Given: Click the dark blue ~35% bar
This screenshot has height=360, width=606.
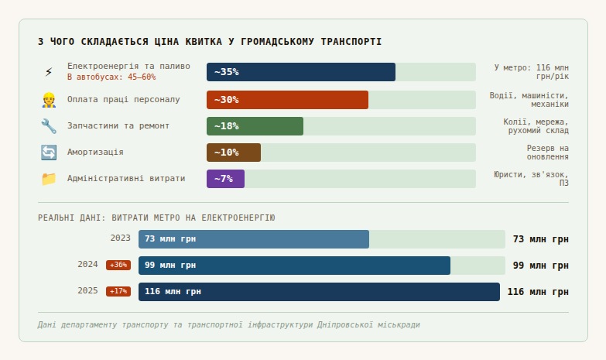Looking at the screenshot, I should (301, 72).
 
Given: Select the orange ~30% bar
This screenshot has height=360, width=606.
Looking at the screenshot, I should (287, 100).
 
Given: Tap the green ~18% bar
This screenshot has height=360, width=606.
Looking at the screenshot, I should (255, 126).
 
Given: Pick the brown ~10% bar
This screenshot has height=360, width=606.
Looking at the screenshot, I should (234, 153).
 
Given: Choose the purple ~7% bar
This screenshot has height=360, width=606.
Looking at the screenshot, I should (225, 179).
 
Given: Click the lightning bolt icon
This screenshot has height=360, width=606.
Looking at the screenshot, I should (49, 72).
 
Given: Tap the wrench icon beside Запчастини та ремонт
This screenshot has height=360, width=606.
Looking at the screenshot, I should (49, 126).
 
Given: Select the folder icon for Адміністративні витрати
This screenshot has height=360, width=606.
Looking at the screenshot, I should (49, 179).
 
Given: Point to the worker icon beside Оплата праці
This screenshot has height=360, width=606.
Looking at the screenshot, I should (49, 100).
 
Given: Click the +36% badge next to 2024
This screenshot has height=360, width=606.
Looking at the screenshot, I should (118, 265).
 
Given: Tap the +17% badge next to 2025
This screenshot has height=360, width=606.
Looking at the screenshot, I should (118, 291).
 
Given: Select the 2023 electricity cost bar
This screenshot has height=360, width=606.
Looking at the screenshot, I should (254, 239).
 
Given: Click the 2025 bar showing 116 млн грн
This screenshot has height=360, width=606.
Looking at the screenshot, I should (319, 292).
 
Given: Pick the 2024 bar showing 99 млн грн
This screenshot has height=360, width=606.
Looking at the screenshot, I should (294, 266).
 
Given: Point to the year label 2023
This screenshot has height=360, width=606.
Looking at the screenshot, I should (121, 238).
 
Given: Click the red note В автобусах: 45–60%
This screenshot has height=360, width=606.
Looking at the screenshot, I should (111, 77).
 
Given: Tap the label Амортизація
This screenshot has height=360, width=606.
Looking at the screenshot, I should (95, 153).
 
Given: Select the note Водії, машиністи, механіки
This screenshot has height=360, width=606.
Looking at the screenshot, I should (529, 100).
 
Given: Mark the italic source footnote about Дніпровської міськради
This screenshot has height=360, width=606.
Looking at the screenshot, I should (228, 325).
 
